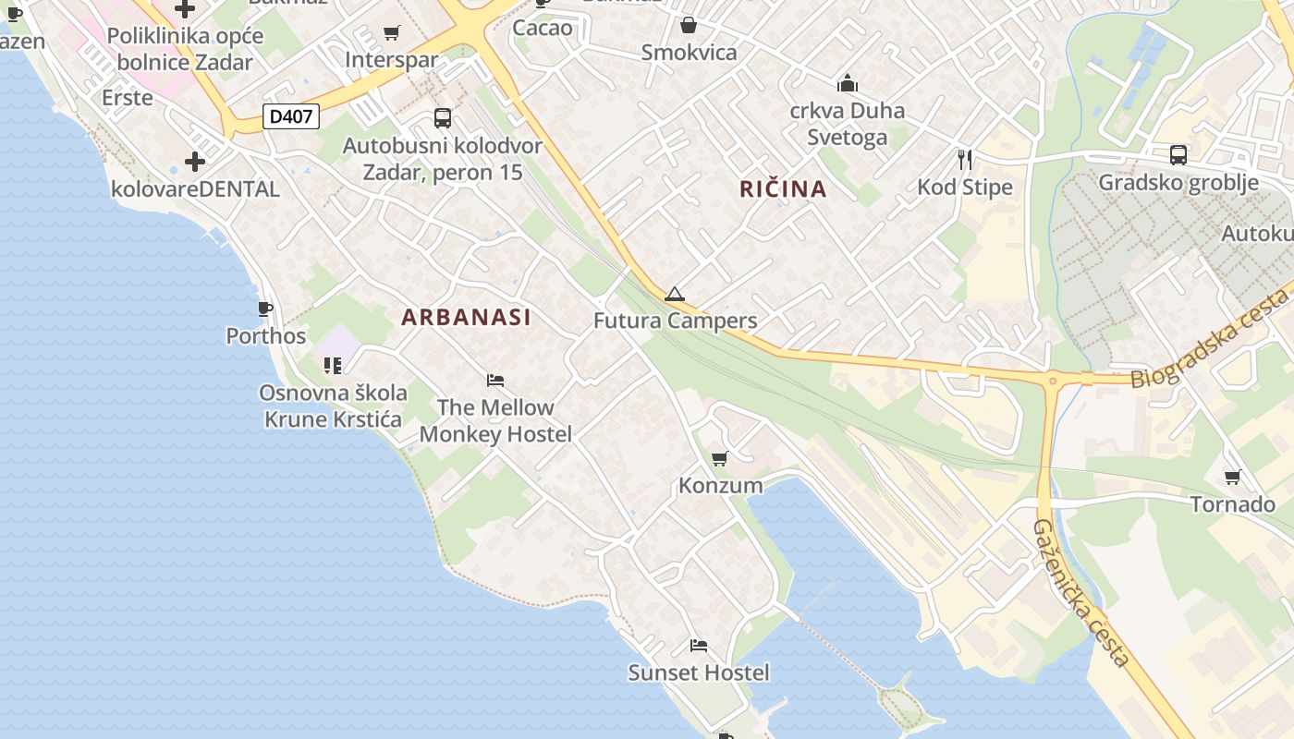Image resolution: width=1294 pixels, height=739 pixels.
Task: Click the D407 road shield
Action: coord(291,116)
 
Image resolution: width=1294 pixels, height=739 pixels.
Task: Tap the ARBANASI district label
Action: coord(466,317)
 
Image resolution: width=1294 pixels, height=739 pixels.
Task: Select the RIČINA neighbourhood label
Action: coord(783,189)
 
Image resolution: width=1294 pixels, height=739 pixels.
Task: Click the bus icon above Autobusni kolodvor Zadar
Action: coord(443,118)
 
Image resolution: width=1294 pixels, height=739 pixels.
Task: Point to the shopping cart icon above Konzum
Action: coord(720,458)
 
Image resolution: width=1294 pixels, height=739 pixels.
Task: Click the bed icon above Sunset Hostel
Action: coord(699,646)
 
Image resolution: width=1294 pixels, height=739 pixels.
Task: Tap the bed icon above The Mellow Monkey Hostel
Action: coord(495,381)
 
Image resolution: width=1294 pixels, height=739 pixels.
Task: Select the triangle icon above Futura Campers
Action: coord(675,295)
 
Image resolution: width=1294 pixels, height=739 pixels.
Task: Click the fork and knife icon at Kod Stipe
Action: coord(965,160)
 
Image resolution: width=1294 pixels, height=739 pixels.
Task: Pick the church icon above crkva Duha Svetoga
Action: coord(848,84)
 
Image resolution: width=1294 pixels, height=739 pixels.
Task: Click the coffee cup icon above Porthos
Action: coord(265,309)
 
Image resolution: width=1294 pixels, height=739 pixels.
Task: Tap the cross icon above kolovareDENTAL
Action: coord(195,162)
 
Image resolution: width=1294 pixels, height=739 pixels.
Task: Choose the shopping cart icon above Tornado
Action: coord(1232,478)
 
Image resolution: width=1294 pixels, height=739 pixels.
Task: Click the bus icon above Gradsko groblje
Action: coord(1178,155)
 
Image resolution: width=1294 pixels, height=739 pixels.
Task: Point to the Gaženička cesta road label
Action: coord(1080,592)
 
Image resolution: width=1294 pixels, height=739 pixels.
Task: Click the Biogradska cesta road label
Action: coord(1211,339)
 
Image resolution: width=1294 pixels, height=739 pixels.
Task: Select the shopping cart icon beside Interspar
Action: coord(392,33)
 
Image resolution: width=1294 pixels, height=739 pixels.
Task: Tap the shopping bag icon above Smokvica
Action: coord(689,25)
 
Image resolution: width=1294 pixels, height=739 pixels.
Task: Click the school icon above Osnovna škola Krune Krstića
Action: coord(333,366)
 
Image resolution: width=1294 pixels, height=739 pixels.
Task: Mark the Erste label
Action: coord(128,97)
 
